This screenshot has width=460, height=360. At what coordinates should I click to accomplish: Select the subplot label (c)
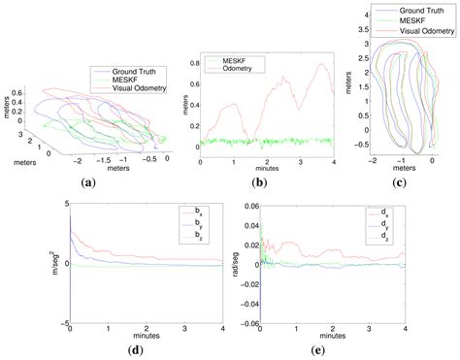click(x=401, y=182)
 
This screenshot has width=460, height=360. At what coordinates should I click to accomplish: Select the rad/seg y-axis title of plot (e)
click(x=229, y=262)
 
